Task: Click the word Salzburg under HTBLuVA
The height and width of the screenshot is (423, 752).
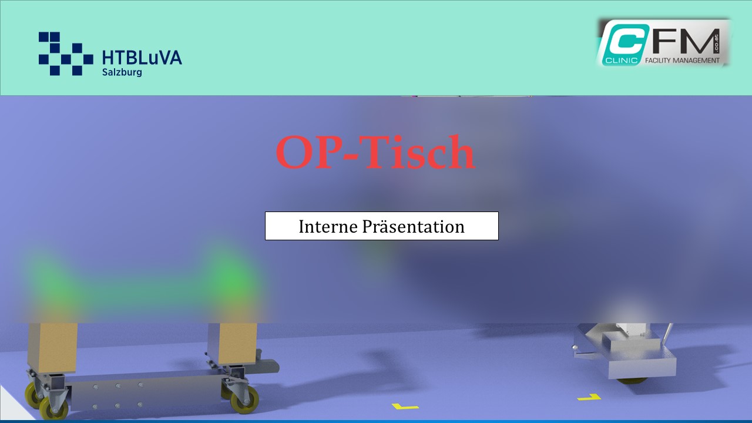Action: tap(122, 72)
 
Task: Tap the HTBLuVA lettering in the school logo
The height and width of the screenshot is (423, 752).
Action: tap(142, 58)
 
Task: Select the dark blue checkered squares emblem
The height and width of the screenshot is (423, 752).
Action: tap(66, 53)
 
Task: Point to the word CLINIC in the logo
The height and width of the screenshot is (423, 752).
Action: tap(621, 61)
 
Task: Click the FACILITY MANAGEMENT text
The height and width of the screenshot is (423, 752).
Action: tap(682, 61)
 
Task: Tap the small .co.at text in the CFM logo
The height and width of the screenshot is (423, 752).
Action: tap(716, 42)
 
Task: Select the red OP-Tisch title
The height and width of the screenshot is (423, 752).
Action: tap(375, 153)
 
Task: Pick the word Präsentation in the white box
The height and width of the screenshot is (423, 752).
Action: tap(413, 226)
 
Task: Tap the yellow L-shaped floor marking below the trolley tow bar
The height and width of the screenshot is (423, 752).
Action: tap(405, 407)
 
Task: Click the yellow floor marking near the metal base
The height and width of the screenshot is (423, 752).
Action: tap(589, 398)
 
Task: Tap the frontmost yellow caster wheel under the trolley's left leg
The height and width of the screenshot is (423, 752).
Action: tap(53, 408)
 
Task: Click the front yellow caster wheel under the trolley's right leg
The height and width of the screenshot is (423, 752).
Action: tap(245, 400)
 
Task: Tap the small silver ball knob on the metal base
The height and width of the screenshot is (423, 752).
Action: tap(575, 347)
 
